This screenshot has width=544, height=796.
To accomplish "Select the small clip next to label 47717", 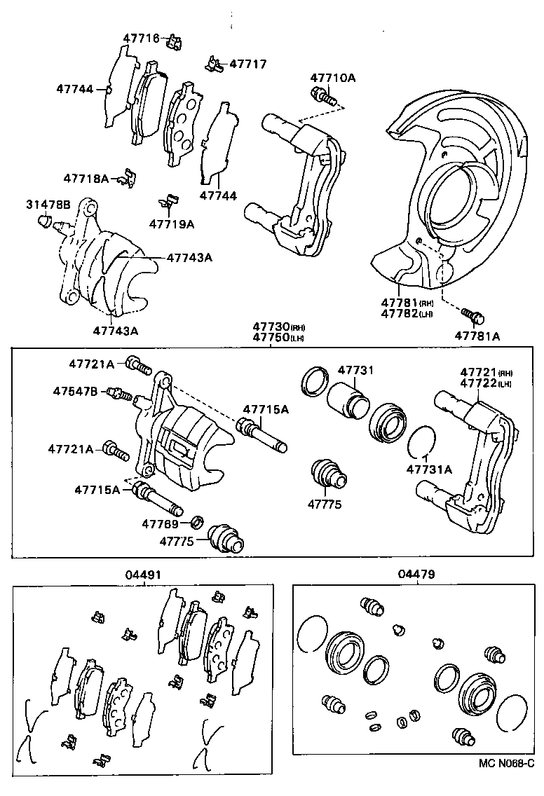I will click(213, 64).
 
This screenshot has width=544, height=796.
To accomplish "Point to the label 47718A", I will click(86, 179).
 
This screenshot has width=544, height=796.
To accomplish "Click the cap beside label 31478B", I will click(43, 223).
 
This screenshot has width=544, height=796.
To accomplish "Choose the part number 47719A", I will click(171, 224).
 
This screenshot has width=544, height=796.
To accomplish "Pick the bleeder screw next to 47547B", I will click(119, 394).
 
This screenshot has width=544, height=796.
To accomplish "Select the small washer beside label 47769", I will click(198, 522).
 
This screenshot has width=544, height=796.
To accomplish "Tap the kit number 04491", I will click(143, 575).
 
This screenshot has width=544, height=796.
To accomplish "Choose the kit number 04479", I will click(416, 575).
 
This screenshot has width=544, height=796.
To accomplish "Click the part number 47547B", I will click(76, 390).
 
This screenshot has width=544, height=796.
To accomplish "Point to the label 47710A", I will click(333, 78).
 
